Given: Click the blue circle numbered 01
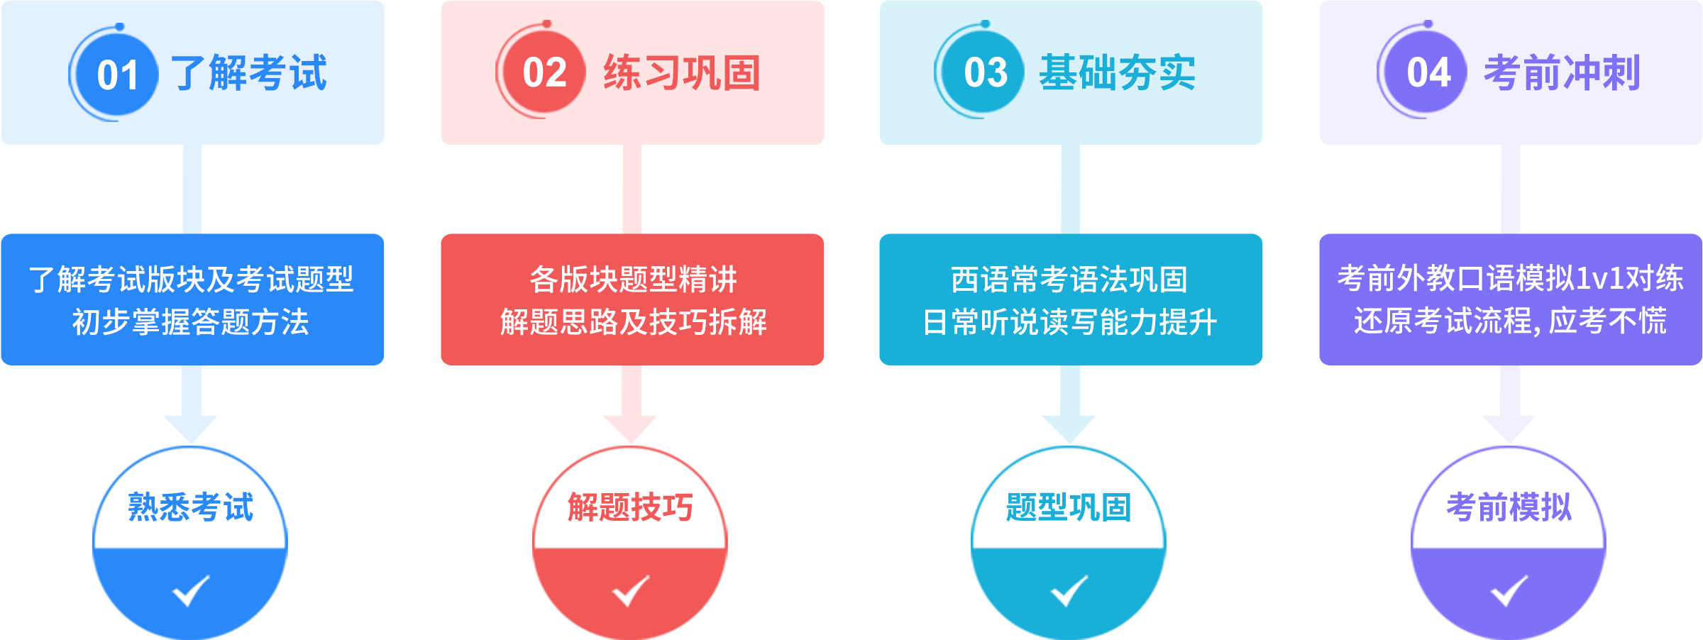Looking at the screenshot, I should (x=117, y=75).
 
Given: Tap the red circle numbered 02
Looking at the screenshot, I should (x=544, y=72).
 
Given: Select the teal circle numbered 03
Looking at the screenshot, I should (x=985, y=72).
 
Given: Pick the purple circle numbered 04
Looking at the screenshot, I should (x=1428, y=72).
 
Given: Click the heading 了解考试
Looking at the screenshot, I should (x=249, y=73).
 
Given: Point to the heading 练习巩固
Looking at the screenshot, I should (x=682, y=73).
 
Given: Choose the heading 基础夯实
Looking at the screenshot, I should (x=1118, y=73).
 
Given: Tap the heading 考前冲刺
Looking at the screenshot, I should (x=1562, y=73).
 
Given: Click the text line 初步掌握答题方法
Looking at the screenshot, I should (x=191, y=322).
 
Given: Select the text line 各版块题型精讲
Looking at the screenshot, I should (x=633, y=280).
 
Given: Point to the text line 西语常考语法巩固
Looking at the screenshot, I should (x=1069, y=280).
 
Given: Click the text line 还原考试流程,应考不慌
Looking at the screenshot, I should (x=1510, y=321).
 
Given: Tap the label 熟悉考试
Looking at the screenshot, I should (x=191, y=507).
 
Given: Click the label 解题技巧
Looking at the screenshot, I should (x=630, y=507).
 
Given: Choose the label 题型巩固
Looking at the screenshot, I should (x=1069, y=507).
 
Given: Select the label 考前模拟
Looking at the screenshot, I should (x=1509, y=507).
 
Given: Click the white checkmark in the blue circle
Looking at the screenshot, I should (x=191, y=590).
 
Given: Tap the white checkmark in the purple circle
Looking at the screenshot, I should (x=1509, y=590).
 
